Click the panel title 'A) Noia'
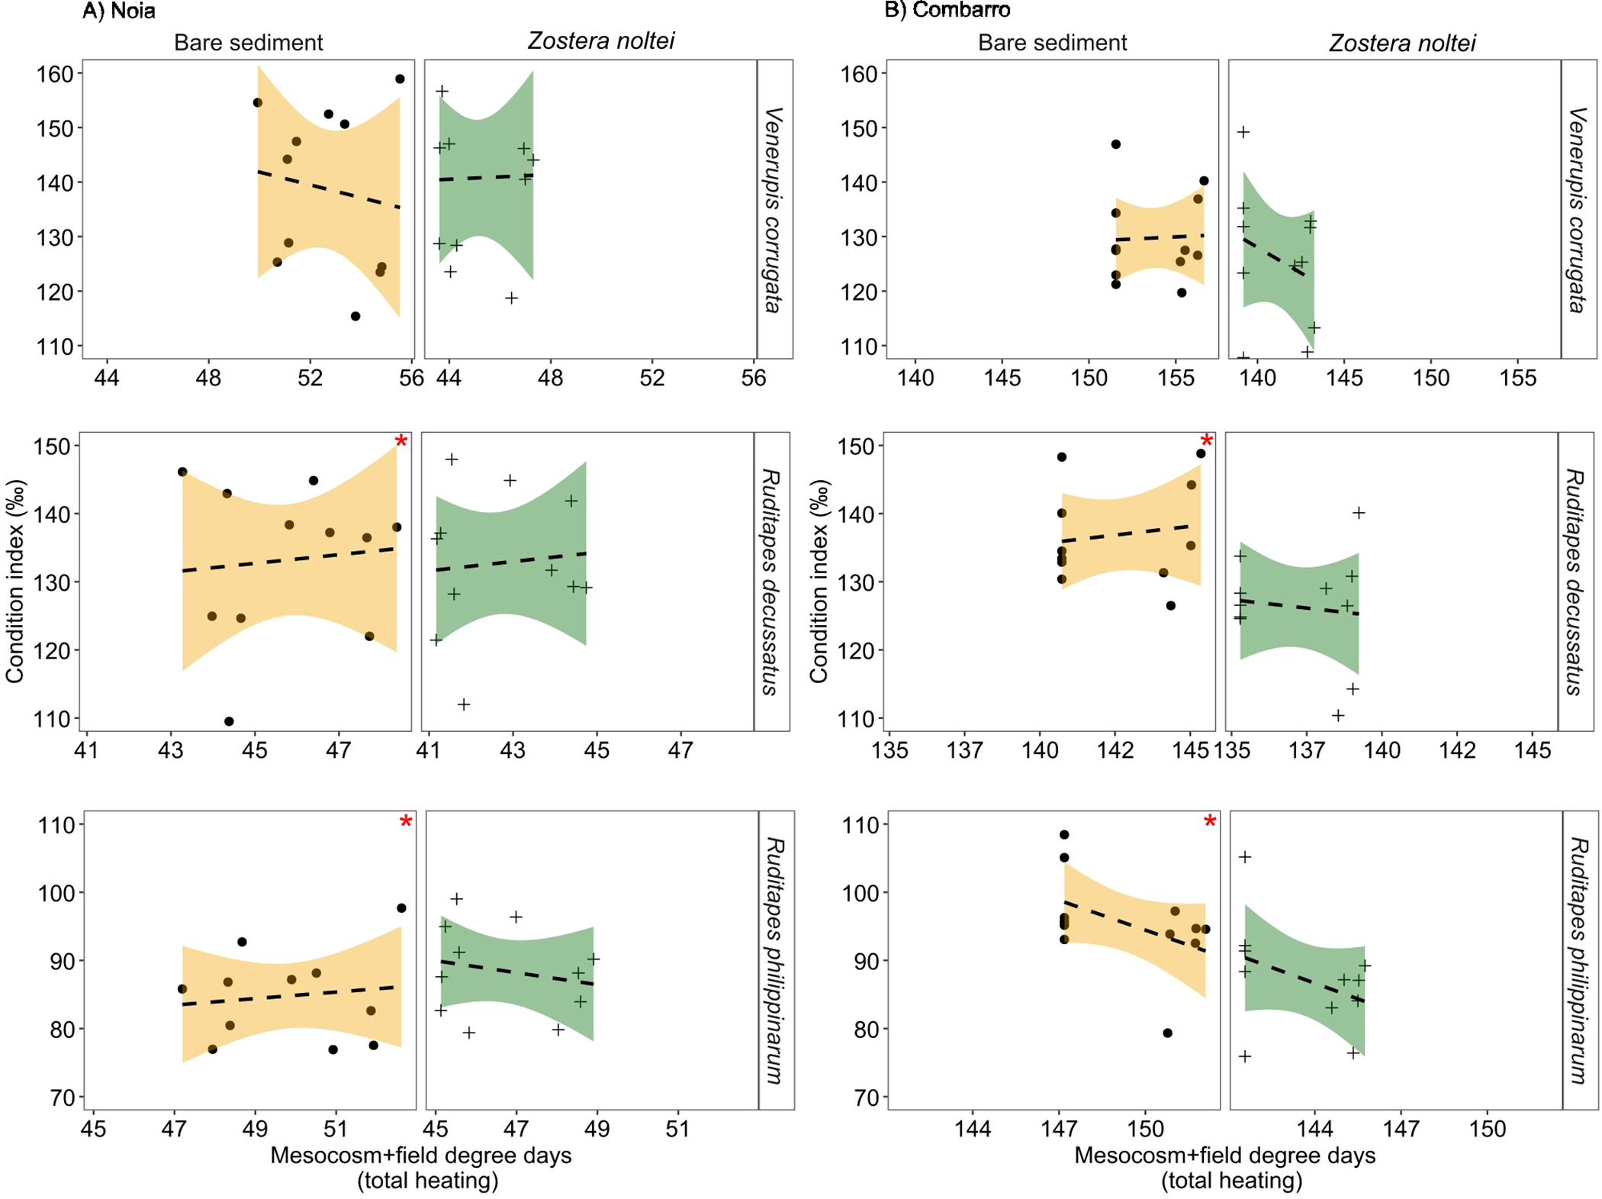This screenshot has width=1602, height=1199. point(119,11)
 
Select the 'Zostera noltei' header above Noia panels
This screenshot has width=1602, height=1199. point(601,41)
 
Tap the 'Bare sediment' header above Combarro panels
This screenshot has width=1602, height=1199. point(1052,43)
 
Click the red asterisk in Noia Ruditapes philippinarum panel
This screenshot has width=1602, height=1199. point(406,822)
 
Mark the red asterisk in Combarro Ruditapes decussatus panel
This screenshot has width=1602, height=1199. point(1206,442)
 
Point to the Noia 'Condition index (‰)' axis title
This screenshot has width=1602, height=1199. point(15,582)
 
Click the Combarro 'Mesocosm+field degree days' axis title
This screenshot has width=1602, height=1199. point(1224,1155)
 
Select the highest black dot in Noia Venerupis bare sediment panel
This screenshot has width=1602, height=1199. point(400,79)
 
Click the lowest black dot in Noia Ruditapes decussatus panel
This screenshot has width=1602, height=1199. point(229,721)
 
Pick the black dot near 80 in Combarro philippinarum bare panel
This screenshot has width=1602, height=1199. point(1167,1033)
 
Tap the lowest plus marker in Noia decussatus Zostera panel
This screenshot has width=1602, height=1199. point(464,704)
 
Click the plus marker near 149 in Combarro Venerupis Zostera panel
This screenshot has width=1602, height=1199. point(1243,132)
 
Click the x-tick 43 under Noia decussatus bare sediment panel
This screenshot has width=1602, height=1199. point(171,750)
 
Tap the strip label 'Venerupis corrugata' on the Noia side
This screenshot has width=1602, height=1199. point(774,210)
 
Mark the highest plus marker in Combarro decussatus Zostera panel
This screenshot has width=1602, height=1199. point(1358,513)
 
